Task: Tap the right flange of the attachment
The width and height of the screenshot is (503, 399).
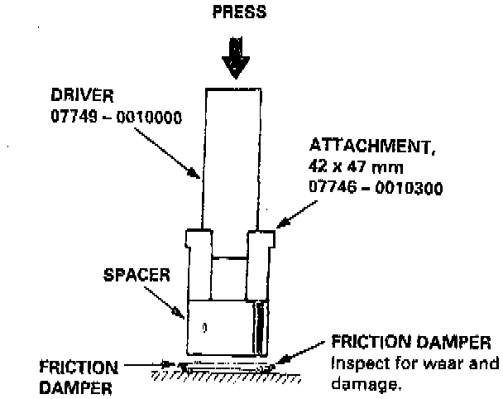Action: tap(261, 239)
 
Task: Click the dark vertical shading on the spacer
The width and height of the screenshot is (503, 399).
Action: tap(261, 329)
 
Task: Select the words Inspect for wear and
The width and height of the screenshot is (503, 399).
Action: tap(415, 363)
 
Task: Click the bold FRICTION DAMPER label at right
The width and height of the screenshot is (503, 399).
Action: tap(411, 343)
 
